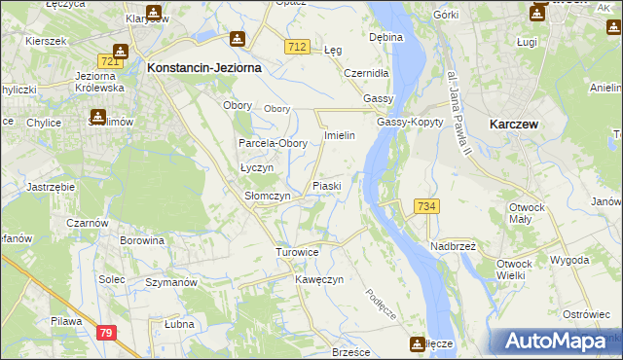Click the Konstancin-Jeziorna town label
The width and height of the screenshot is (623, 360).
202,69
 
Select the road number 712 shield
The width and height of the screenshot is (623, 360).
298,47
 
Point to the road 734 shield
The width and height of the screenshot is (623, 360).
425,206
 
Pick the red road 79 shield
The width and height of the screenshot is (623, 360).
105,334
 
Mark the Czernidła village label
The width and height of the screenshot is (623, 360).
366,73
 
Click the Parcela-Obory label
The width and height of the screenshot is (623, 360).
274,143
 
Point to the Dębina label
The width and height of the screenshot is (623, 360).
386,37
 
